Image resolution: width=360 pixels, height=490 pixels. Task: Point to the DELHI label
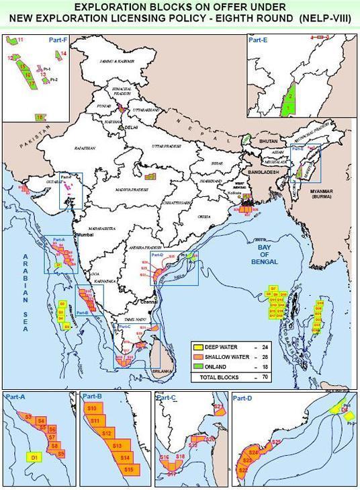pyautogui.click(x=130, y=126)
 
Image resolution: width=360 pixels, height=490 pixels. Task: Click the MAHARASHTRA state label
pyautogui.click(x=103, y=219)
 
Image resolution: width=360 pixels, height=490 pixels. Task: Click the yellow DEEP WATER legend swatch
pyautogui.click(x=197, y=348)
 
